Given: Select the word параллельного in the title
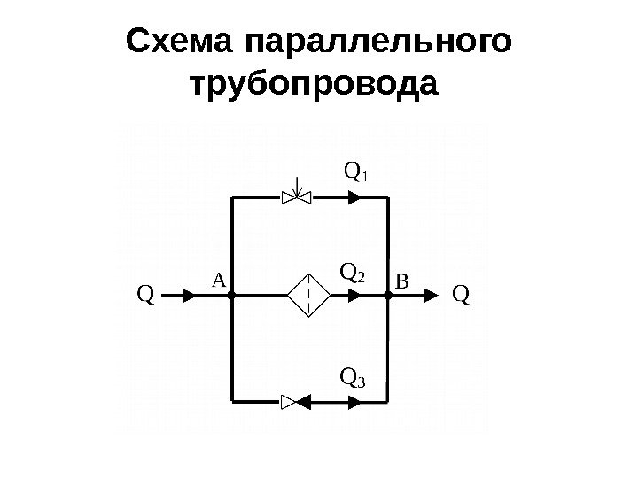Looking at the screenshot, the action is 378,42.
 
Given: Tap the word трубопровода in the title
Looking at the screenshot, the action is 315,87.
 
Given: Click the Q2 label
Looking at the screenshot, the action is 353,271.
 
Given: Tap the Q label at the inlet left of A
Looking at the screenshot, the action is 145,293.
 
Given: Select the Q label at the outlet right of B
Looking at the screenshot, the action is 461,293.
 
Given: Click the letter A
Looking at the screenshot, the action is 218,280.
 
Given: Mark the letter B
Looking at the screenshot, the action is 401,282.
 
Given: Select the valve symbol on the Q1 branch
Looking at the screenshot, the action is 296,197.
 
